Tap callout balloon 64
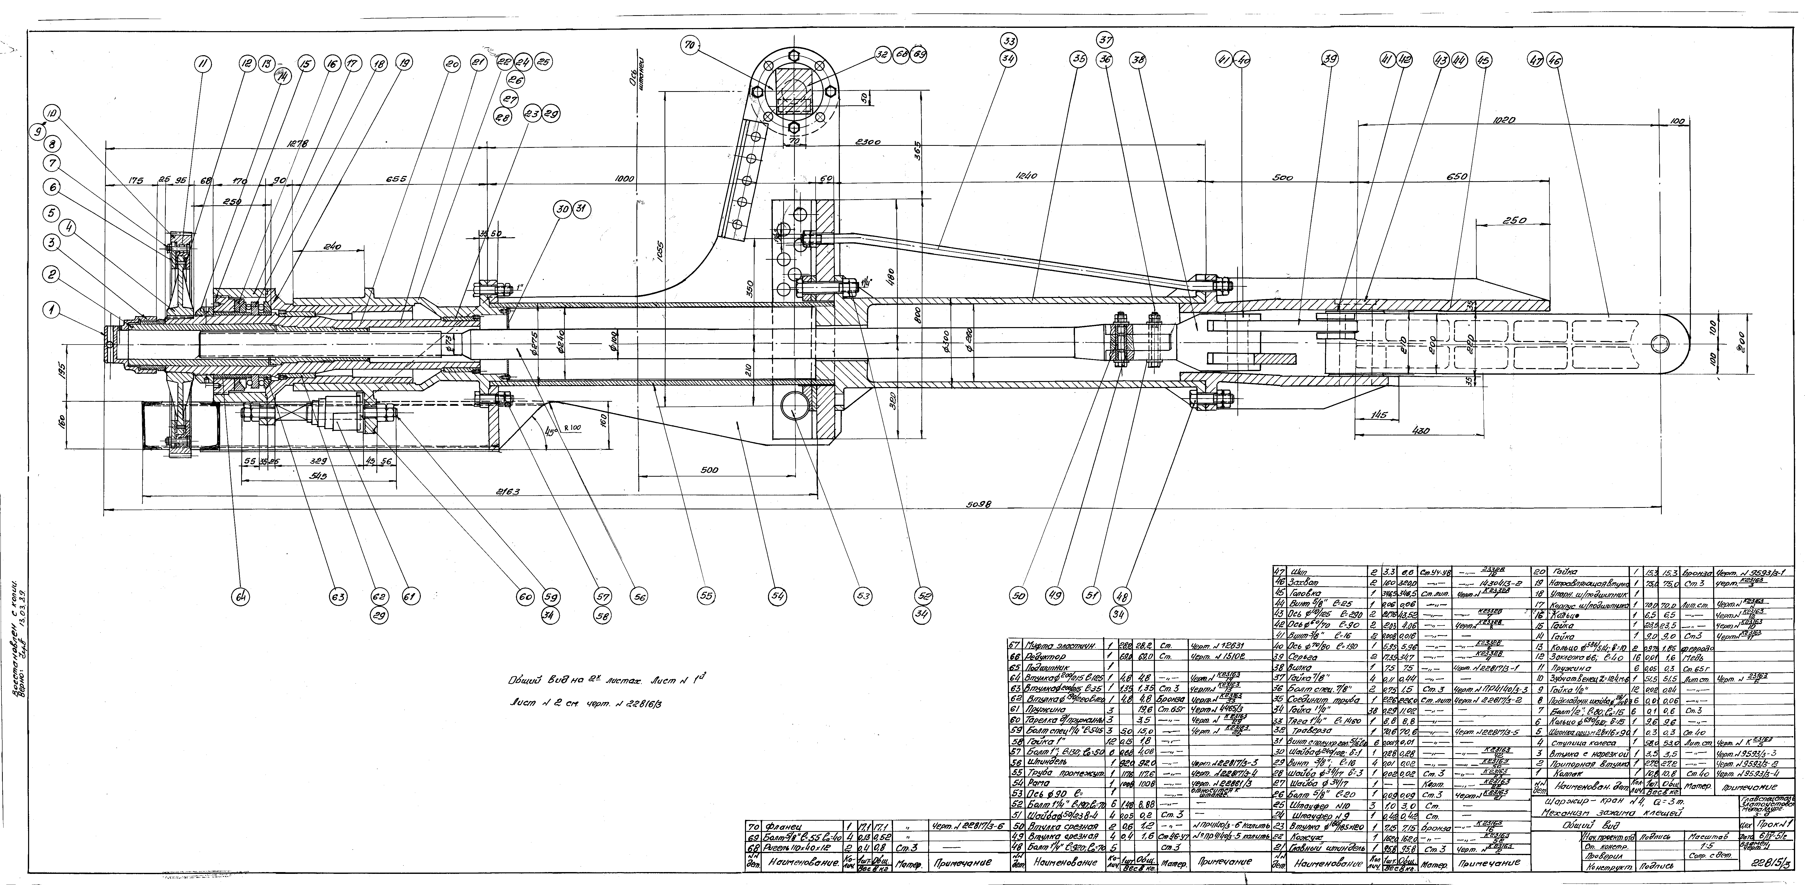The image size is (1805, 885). click(x=241, y=596)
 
